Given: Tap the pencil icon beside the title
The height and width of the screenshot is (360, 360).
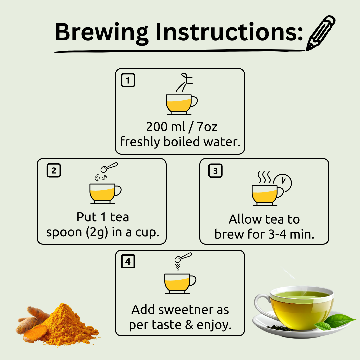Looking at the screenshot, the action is coord(321,33).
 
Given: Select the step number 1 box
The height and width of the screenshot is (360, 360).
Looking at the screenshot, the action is coord(128,80).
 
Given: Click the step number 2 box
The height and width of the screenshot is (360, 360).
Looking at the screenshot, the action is coord(54,170).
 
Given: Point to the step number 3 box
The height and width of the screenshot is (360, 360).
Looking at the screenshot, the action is coord(215,171).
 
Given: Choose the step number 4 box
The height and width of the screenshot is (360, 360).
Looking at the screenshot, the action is coord(128,261).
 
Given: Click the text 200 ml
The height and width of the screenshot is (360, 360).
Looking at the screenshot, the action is coord(166,127).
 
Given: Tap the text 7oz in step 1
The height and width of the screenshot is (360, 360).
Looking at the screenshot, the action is coord(207,127).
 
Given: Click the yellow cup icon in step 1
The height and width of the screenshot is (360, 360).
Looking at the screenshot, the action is coord(181,104).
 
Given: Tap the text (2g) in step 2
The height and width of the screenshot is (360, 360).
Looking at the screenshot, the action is coord(97,232).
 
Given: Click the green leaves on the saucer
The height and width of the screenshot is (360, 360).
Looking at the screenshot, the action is coord(335,321).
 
